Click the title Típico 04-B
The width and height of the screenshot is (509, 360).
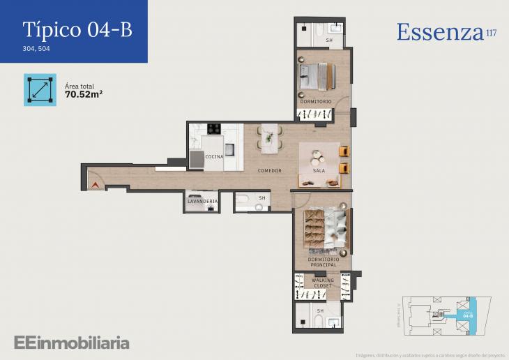tap(77, 29)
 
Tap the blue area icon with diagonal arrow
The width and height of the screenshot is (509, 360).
tap(40, 89)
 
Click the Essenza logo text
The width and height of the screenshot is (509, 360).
tap(440, 32)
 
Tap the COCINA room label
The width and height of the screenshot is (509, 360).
tap(215, 157)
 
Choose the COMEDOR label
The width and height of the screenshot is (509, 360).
tap(269, 171)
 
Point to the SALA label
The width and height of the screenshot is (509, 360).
tap(319, 171)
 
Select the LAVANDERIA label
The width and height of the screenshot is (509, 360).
tap(202, 202)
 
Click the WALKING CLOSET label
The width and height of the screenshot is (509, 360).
tap(323, 283)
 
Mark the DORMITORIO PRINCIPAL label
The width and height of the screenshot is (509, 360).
tap(323, 262)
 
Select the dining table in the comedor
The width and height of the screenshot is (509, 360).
tap(268, 137)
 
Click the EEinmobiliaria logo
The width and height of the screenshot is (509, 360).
tap(71, 343)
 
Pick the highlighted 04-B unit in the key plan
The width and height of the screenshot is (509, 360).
tap(469, 315)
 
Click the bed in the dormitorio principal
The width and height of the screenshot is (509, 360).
tap(323, 228)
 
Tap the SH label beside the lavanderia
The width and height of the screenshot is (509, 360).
tap(262, 198)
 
